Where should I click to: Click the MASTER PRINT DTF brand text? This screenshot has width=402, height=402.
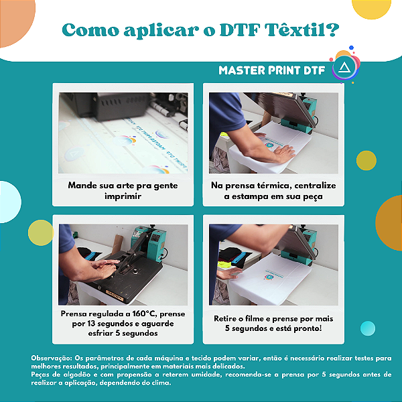click(272, 70)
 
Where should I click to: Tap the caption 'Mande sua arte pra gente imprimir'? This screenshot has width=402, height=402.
click(123, 190)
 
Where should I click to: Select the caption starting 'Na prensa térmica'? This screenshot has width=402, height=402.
click(273, 190)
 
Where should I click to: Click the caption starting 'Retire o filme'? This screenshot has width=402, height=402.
click(273, 324)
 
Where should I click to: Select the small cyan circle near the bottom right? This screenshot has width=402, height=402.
click(368, 328)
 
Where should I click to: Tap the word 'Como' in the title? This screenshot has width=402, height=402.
click(86, 31)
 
